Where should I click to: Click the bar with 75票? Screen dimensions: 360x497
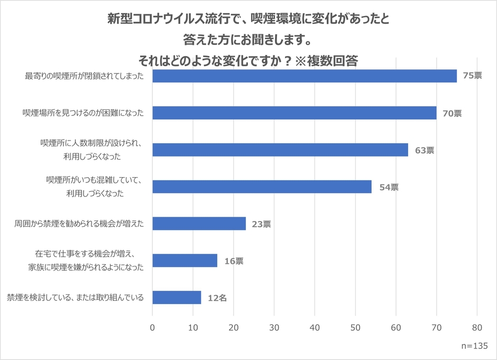(304, 76)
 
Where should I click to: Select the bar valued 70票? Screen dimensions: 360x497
(294, 113)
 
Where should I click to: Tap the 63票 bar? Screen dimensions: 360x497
(280, 150)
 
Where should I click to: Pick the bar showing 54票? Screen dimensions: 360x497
(262, 187)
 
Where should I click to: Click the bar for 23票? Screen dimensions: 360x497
(199, 224)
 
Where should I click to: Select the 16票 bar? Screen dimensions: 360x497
(185, 261)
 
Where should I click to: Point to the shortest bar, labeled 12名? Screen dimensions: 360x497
(177, 298)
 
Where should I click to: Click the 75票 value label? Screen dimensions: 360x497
(472, 76)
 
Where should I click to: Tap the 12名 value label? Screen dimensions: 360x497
(217, 298)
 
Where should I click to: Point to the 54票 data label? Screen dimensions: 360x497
(389, 187)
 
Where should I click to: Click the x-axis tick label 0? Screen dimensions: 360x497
(153, 327)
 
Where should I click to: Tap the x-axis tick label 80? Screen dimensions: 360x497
(477, 327)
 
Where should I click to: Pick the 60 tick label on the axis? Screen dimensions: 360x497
(396, 327)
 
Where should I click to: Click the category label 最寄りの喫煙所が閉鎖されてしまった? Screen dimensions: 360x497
(85, 76)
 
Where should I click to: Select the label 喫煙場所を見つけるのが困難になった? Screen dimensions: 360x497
(83, 113)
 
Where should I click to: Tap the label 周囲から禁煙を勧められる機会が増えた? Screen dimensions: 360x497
(79, 224)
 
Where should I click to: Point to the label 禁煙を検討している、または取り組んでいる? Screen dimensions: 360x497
(75, 298)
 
